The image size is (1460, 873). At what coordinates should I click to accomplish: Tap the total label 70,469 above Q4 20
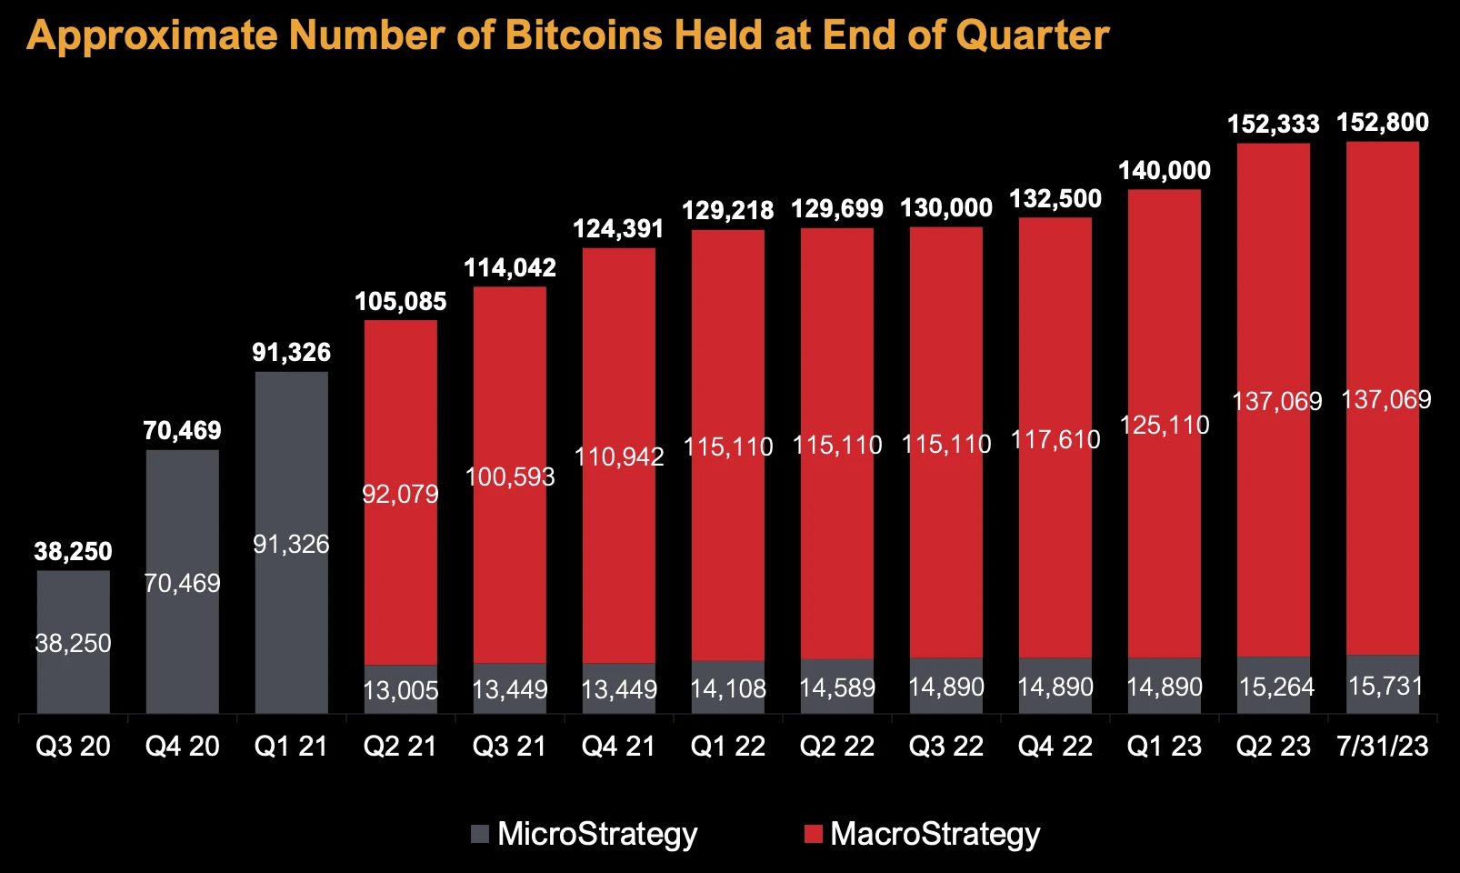(x=182, y=430)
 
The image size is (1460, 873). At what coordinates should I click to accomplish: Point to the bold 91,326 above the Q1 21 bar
(x=292, y=353)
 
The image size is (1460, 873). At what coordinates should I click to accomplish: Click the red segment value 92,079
(x=400, y=494)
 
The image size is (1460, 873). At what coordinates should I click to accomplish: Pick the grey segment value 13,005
(x=400, y=691)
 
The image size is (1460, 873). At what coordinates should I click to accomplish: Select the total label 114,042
(x=510, y=267)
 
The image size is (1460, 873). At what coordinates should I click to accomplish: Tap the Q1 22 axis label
(x=728, y=747)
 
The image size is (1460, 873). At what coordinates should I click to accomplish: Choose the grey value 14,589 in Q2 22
(x=837, y=687)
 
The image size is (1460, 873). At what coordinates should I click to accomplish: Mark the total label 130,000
(x=946, y=208)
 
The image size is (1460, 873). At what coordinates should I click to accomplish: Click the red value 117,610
(x=1055, y=440)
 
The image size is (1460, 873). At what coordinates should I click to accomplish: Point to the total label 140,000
(x=1165, y=171)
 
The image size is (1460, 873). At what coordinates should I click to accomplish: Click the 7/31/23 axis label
(x=1383, y=747)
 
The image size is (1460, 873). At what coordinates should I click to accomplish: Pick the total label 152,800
(x=1383, y=123)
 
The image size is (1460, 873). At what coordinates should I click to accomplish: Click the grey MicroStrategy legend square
(x=480, y=834)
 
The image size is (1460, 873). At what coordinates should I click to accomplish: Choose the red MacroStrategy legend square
(x=813, y=834)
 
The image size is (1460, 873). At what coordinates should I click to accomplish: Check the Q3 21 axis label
(x=510, y=747)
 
